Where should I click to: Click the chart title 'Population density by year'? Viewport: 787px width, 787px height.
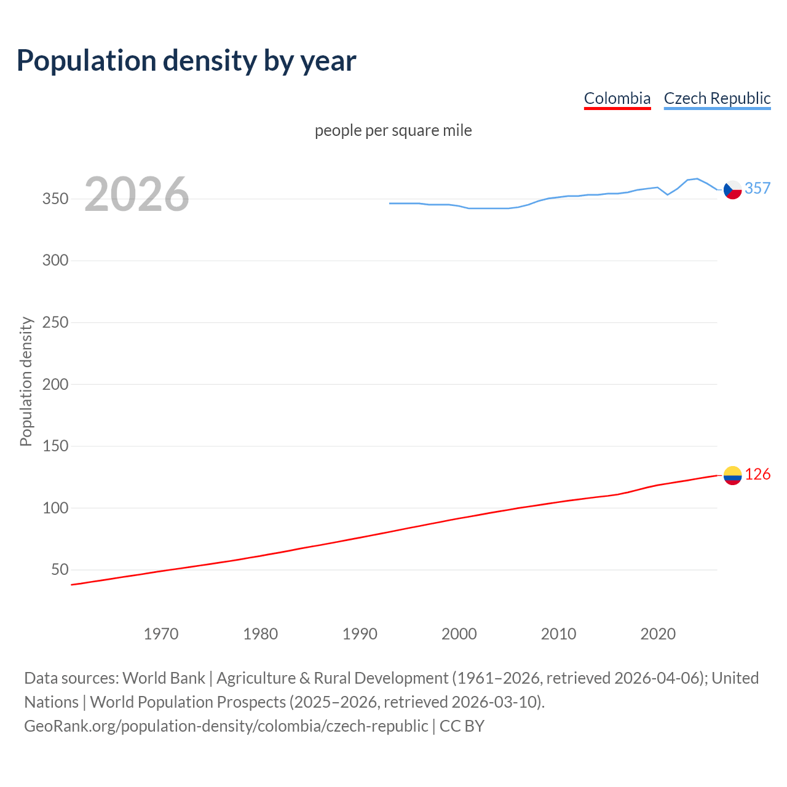tap(186, 61)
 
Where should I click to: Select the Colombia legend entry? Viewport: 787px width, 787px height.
tap(617, 98)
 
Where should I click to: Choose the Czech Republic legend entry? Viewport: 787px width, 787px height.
tap(717, 98)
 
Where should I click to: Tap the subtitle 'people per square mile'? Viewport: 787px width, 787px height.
tap(393, 130)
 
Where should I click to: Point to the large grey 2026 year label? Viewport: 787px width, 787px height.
tap(136, 194)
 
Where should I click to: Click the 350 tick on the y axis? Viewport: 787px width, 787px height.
tap(55, 199)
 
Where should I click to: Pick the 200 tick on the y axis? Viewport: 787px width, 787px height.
tap(55, 384)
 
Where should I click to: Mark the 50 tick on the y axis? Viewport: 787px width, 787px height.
tap(60, 570)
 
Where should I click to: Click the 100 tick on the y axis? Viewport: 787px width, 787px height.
tap(55, 508)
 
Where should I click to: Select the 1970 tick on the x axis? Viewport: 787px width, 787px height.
tap(161, 634)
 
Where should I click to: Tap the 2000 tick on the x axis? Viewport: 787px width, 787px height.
tap(459, 634)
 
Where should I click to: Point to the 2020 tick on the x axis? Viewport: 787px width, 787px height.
tap(658, 634)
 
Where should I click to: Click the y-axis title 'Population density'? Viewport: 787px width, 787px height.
tap(26, 381)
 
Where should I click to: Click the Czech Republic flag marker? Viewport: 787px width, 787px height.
tap(732, 190)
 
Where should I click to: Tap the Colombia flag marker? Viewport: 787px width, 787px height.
tap(732, 475)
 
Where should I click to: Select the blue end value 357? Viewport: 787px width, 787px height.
tap(757, 188)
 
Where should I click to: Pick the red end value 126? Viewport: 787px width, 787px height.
tap(757, 474)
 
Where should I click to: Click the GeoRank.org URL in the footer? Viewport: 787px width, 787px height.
tap(226, 726)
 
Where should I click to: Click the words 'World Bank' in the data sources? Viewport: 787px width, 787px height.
tap(164, 678)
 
